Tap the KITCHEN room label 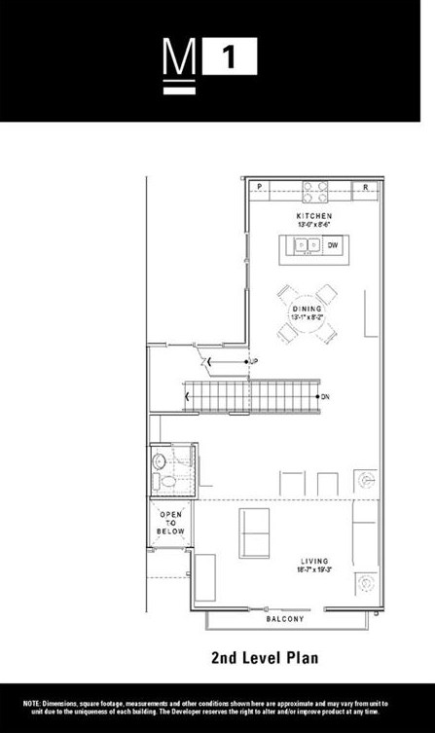point(314,215)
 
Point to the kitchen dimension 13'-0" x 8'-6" point(314,224)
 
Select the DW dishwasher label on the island point(331,244)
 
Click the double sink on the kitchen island point(308,244)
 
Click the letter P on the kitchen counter point(260,186)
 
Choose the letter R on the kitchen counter point(366,186)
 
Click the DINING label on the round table point(308,309)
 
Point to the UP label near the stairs point(253,362)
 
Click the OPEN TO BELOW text point(170,522)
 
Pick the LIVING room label point(314,561)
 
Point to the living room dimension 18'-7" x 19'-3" point(314,569)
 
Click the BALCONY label point(285,619)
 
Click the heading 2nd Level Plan point(264,659)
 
